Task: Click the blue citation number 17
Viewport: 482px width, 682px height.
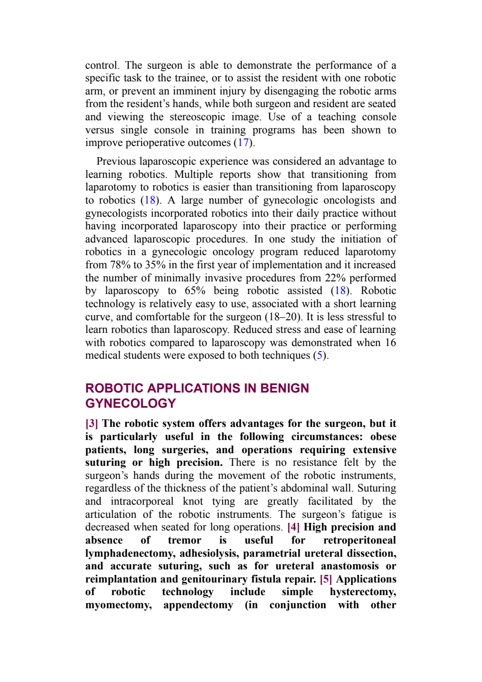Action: pos(243,142)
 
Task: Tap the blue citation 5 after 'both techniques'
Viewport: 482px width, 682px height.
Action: pos(319,355)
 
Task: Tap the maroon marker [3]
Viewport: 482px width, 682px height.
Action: pos(91,423)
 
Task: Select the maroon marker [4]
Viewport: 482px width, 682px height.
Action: pos(294,527)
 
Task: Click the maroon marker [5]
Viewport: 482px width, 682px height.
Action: pos(326,579)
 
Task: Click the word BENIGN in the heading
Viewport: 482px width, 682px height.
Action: pos(284,388)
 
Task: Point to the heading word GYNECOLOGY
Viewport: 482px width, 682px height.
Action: pos(131,404)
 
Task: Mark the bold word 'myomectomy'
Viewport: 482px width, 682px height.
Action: pos(118,605)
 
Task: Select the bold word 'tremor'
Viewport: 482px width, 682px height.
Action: pos(184,540)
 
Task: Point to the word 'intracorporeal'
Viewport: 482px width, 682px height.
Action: pos(142,501)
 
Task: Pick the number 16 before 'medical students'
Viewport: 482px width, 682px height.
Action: pos(391,343)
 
